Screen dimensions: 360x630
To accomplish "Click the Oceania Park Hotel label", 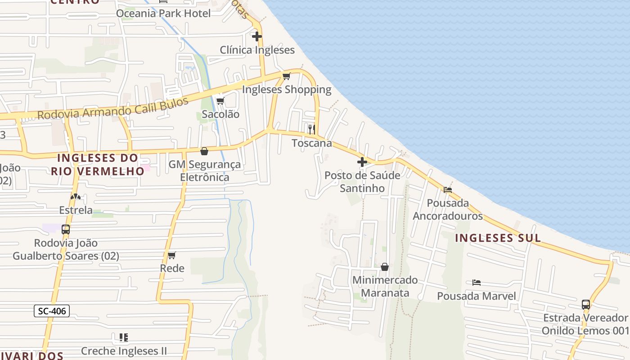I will (x=163, y=13).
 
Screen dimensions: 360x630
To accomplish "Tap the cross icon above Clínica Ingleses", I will (x=257, y=36).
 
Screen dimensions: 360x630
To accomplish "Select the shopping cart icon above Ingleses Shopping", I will (x=286, y=76).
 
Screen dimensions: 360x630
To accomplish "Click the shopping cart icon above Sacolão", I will (x=220, y=101).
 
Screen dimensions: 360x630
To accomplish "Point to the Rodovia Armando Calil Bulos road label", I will (x=112, y=108).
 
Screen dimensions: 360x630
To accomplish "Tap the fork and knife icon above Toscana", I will (x=311, y=130).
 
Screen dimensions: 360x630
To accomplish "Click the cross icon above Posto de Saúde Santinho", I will (x=362, y=162).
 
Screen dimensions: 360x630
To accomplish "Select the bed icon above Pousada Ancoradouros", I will (x=447, y=190).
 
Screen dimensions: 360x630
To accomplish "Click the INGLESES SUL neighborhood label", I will (x=498, y=238).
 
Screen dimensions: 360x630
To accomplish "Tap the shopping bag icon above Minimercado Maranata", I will (x=385, y=267).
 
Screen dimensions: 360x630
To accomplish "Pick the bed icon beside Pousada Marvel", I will (x=477, y=283).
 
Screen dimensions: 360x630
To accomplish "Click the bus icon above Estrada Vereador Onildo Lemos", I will (x=585, y=305).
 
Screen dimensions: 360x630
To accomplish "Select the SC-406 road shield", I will (x=52, y=310).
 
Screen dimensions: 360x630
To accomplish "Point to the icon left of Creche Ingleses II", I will (x=123, y=337).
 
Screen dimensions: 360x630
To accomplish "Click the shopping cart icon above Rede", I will (x=171, y=256).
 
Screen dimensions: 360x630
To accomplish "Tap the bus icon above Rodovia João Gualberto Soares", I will (x=66, y=229).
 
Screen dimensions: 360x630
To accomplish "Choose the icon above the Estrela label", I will (x=76, y=197).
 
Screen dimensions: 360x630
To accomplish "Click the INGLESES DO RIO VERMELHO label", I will (x=97, y=165).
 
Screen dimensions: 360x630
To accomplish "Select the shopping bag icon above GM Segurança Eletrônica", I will (x=204, y=151).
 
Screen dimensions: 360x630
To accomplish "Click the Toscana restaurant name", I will (x=312, y=143).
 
